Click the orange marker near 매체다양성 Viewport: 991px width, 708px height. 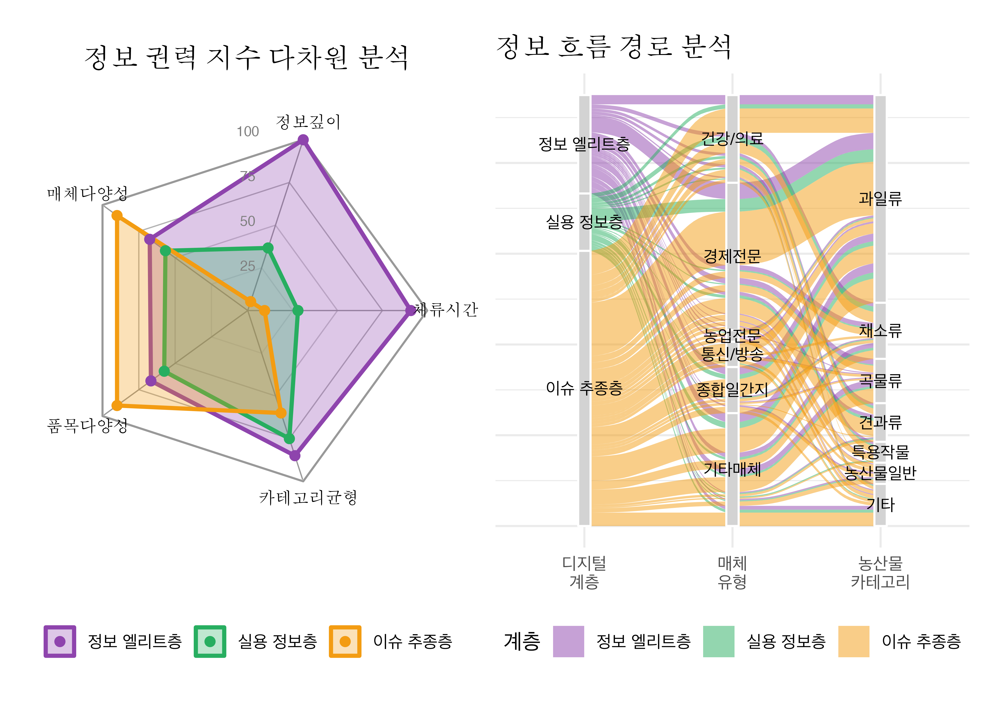(117, 216)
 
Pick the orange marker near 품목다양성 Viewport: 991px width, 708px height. (117, 405)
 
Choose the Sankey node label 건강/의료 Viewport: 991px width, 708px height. (732, 139)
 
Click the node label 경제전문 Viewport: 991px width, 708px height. (732, 256)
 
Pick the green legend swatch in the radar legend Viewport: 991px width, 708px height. (210, 641)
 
